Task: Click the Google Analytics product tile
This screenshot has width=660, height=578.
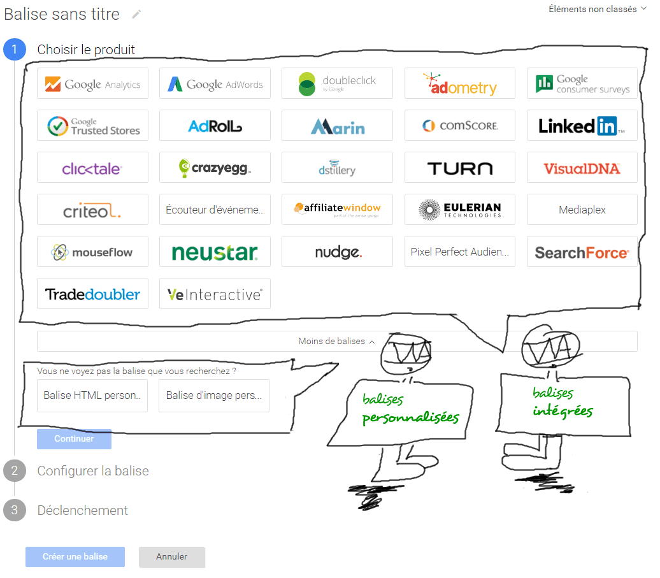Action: point(92,83)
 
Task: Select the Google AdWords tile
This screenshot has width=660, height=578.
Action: point(215,83)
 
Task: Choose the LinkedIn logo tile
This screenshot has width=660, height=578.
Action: point(582,126)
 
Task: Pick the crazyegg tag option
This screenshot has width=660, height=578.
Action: point(215,168)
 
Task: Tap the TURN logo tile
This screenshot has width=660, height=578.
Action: point(460,168)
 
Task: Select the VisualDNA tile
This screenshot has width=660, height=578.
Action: point(582,168)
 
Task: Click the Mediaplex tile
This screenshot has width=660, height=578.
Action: point(582,210)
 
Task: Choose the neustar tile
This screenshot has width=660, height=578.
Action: point(215,252)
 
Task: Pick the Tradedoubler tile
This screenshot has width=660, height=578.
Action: point(92,294)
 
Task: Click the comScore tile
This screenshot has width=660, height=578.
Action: point(460,126)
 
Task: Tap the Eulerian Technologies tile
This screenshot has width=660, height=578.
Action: point(460,210)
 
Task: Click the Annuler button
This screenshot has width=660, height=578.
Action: point(172,557)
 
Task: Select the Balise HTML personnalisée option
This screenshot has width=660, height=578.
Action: point(92,396)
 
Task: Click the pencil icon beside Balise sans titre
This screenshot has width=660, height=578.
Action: point(136,14)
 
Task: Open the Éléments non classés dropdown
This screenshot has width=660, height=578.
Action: point(597,9)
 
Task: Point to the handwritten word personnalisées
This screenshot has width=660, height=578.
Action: point(410,417)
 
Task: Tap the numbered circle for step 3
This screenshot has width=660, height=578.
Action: point(15,510)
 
